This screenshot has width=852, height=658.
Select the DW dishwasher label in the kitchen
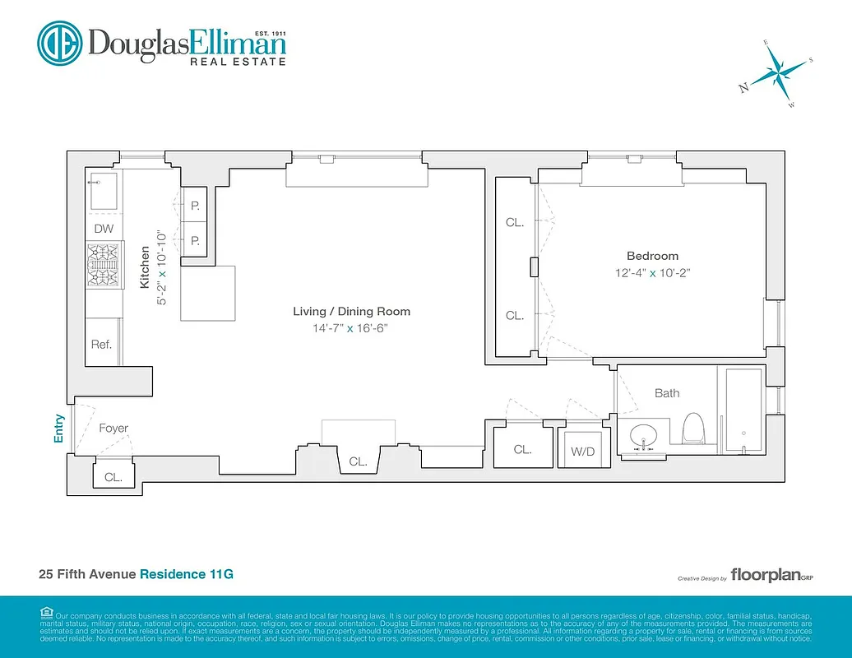[104, 229]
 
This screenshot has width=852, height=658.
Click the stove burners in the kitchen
[104, 266]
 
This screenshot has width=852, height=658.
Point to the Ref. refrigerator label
[101, 345]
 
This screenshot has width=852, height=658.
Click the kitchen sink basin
[104, 191]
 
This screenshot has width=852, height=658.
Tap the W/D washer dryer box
[584, 451]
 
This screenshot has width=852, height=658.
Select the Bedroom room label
[652, 256]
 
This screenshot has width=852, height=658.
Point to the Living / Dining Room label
[351, 311]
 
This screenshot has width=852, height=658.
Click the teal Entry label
[58, 428]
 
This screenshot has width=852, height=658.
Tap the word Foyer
[113, 428]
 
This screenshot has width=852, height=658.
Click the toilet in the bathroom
[695, 429]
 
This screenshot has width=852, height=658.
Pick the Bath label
[667, 393]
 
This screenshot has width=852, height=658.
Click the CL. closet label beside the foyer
[113, 477]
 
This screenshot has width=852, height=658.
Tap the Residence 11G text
[186, 574]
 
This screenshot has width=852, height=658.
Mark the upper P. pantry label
[196, 206]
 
